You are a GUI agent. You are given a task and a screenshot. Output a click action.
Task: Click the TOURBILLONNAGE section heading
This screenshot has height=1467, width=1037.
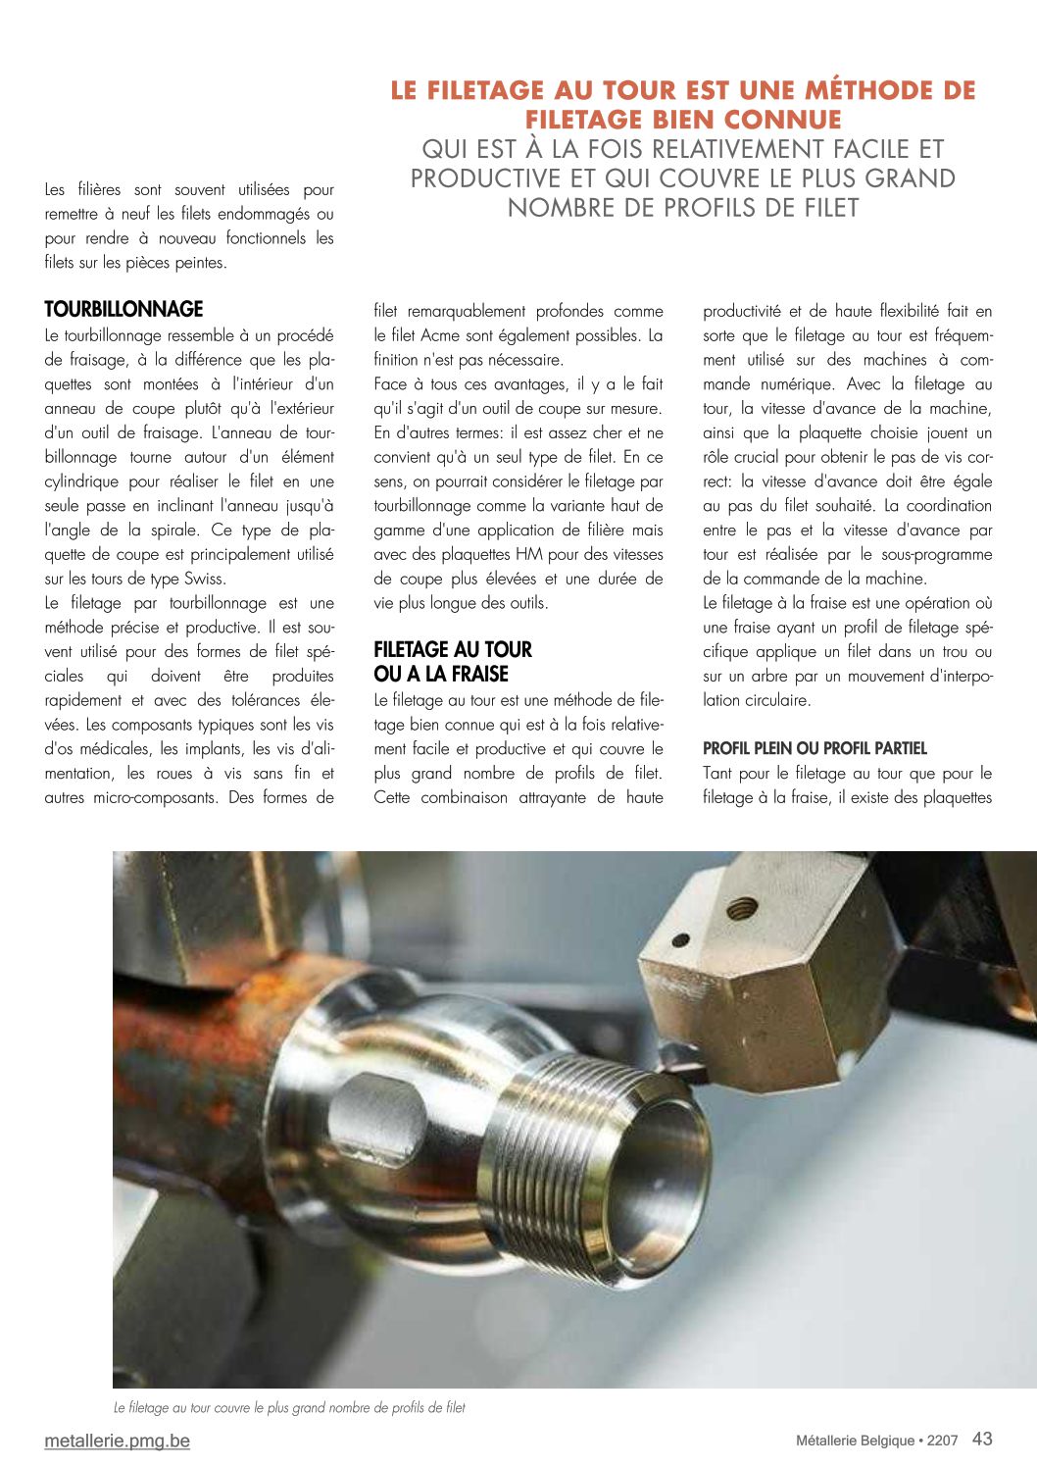pos(123,310)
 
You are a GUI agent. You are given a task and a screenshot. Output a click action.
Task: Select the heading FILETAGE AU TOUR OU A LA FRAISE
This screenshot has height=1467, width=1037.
pos(452,662)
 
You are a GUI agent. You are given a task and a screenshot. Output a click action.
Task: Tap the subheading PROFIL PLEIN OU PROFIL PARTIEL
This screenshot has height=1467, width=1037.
pos(815,748)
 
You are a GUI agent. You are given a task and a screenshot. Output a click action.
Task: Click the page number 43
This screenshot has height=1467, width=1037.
pos(982,1439)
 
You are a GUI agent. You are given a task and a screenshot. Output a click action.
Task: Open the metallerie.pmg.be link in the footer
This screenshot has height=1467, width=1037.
pos(117,1441)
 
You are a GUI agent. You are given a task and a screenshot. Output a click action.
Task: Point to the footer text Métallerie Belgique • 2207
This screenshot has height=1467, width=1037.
pos(876,1441)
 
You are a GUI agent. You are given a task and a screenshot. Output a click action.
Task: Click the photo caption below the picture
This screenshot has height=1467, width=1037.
pos(289,1408)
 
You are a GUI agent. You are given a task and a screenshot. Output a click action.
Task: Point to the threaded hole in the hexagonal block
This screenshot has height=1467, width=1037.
pos(742,908)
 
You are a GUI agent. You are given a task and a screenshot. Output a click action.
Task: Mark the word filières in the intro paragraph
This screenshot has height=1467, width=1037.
pos(99,189)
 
